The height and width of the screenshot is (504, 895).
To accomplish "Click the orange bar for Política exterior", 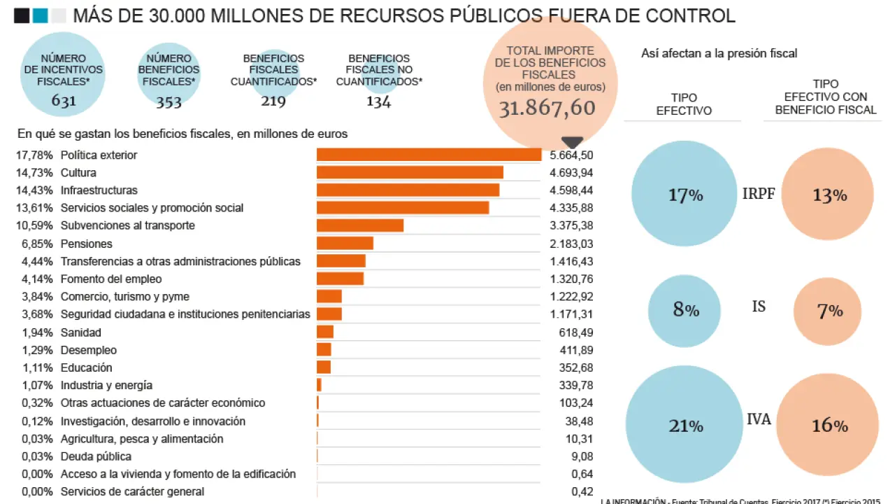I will (429, 155).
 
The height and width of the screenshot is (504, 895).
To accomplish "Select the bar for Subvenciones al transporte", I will (360, 225).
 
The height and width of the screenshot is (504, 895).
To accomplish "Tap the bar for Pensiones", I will (345, 244).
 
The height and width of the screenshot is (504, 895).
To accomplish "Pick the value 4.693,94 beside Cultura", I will (571, 172).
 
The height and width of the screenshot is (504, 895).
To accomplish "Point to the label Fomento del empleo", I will (111, 279).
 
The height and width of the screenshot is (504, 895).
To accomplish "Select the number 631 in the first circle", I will (64, 101).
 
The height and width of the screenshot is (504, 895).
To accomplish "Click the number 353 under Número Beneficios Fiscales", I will (169, 102).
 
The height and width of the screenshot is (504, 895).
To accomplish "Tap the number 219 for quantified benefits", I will (273, 101).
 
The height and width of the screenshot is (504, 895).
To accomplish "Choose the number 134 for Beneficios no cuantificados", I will (378, 102).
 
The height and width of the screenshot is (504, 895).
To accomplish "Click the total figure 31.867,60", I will (547, 108).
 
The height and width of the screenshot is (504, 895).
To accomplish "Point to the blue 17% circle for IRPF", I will (685, 195).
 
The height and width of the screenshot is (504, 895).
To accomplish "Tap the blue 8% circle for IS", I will (685, 310).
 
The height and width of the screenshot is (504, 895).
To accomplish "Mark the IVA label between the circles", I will (759, 419).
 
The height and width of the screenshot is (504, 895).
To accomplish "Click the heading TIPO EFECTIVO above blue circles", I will (684, 104).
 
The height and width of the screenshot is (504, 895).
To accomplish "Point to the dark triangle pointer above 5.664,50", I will (572, 142).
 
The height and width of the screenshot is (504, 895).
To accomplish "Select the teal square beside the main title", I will (41, 15).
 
